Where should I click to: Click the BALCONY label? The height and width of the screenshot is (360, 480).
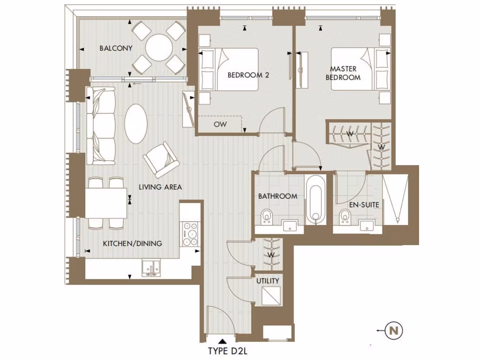pos(116,48)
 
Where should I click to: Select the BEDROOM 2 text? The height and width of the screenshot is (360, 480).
pos(248,75)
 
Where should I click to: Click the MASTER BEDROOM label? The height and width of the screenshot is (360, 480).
pos(343,73)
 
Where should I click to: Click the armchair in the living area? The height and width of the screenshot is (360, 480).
pos(161,159)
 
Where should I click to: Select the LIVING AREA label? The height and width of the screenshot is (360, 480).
pos(160,187)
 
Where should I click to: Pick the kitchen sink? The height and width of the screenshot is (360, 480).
pos(152,267)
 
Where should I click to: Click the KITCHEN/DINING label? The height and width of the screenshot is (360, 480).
pos(133,243)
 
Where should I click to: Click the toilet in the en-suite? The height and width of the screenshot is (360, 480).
pos(345,217)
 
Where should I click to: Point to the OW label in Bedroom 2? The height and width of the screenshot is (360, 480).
pos(220,125)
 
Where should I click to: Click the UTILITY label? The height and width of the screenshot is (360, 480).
pos(268,281)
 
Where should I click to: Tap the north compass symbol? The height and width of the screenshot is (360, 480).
pos(394,331)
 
